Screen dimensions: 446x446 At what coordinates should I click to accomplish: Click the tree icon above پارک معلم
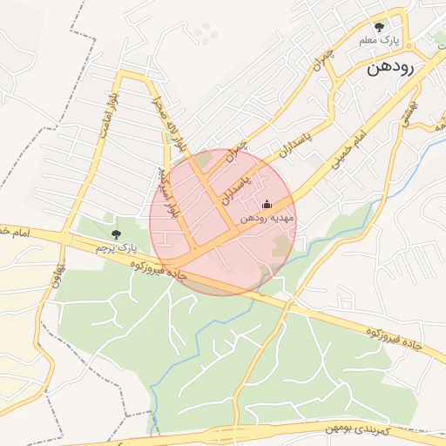pos(378,27)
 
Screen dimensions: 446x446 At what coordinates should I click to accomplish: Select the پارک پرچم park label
pos(116,248)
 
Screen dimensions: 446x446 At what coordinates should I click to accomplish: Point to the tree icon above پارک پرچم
pos(116,233)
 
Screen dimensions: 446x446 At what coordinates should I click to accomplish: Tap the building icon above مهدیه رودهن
pos(267,205)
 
